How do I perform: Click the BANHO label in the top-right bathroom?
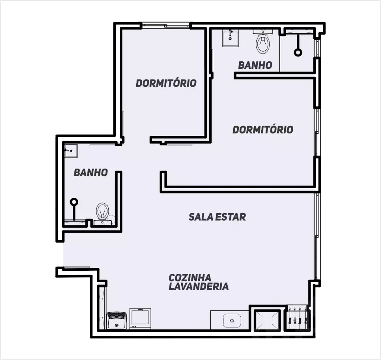pos(255,65)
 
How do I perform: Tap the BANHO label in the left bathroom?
pos(91,173)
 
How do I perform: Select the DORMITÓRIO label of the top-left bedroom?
pos(166,83)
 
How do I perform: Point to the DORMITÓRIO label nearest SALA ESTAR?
pos(263,129)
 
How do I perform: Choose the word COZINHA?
pos(190,277)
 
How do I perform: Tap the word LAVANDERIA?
pos(199,286)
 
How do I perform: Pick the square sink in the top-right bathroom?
pos(230,38)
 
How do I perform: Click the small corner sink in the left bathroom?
pos(71,151)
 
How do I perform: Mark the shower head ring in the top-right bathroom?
pos(298,52)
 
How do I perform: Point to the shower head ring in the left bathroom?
pos(74,202)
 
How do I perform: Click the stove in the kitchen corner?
pos(116,320)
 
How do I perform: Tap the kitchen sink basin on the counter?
pos(232,321)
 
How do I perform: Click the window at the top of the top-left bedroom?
pos(165,25)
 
